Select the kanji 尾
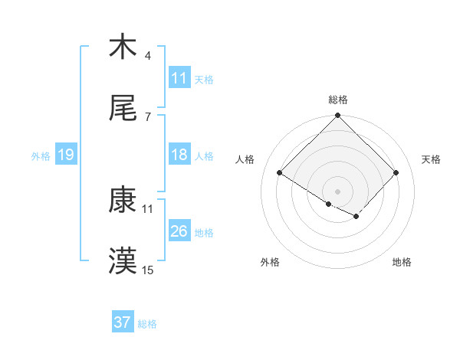123,110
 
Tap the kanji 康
123,200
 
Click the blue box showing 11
179,78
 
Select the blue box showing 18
179,155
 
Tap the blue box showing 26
179,231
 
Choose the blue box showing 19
65,155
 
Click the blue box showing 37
122,322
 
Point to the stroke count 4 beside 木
148,55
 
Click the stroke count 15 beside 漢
148,270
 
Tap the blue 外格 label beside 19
41,156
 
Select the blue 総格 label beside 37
147,324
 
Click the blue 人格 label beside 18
204,156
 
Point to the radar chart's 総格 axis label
338,100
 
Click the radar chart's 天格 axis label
432,159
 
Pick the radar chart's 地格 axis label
402,262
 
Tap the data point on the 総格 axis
338,116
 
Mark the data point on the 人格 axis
280,173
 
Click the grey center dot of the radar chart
338,191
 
